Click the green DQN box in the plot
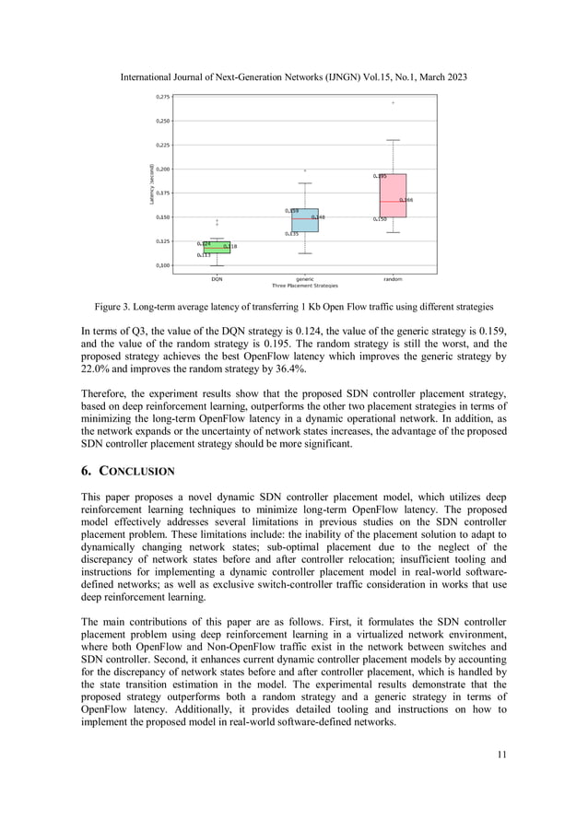217,247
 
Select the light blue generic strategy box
304,220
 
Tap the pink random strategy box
393,195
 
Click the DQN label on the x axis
217,277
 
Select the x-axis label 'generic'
305,277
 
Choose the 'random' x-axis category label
393,277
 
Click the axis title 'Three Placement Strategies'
305,285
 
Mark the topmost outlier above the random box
393,102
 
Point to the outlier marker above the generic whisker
305,170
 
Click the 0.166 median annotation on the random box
406,200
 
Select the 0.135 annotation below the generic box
291,234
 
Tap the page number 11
500,755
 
